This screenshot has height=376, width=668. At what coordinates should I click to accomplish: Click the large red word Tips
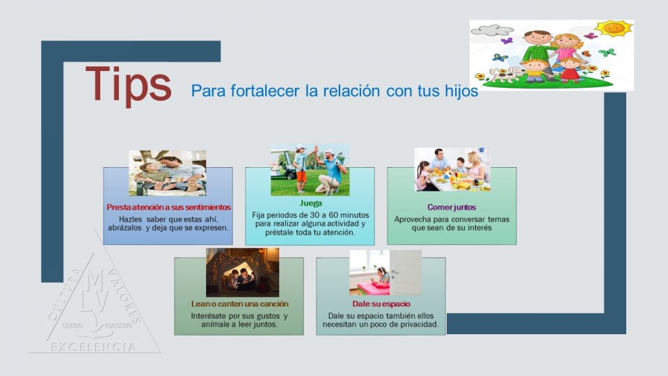coord(128,84)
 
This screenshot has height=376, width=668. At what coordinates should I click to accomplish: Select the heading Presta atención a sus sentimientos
coord(168,207)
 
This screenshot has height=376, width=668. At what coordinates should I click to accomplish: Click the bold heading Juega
coord(310,203)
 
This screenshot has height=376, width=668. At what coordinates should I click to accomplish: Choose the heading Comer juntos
coord(452,207)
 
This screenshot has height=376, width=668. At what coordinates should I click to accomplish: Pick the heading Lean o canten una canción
coord(239,304)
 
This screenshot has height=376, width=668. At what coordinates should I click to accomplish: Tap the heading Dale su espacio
coord(381,304)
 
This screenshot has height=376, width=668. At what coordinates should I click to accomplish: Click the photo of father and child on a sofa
coord(167,173)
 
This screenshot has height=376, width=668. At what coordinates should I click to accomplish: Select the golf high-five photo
coord(310,170)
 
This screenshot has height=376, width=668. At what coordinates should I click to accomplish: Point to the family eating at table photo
coord(452,169)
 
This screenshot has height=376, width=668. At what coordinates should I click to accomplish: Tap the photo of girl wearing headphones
coord(385,272)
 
